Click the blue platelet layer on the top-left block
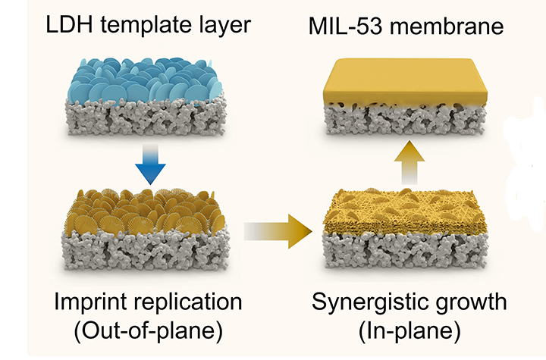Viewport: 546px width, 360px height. coord(144,83)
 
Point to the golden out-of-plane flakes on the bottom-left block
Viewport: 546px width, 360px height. coord(144,212)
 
